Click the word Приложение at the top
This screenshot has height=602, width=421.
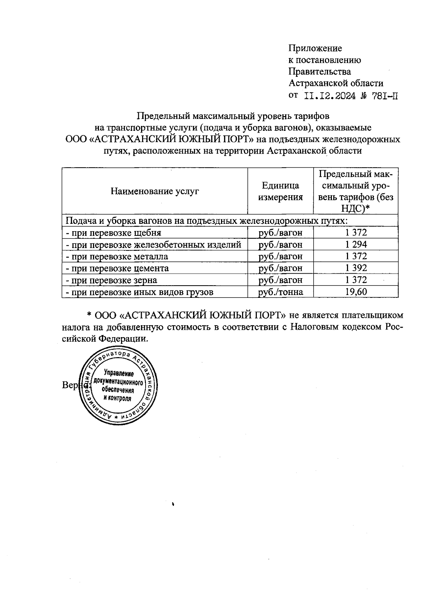pyautogui.click(x=315, y=48)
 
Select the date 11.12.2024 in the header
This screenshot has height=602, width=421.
pyautogui.click(x=329, y=96)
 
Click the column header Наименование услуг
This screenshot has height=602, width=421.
pyautogui.click(x=155, y=191)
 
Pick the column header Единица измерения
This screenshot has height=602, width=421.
pyautogui.click(x=280, y=191)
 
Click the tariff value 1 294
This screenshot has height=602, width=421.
pyautogui.click(x=356, y=245)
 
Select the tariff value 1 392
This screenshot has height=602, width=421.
pyautogui.click(x=356, y=268)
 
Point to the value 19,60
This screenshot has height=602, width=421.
pyautogui.click(x=356, y=292)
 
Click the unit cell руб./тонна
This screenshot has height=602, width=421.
pyautogui.click(x=280, y=292)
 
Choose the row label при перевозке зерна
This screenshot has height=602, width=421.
pyautogui.click(x=112, y=280)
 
